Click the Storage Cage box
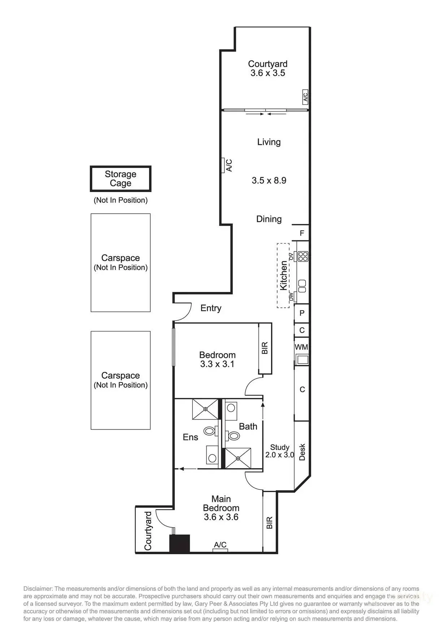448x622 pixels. (x=120, y=179)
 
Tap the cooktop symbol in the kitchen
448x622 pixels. (x=303, y=256)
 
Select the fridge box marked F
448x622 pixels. (x=302, y=233)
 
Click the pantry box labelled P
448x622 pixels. (x=302, y=313)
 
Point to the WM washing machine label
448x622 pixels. (x=301, y=347)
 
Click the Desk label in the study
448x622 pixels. (x=302, y=452)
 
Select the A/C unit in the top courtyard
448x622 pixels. (x=305, y=97)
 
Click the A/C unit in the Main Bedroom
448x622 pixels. (x=220, y=550)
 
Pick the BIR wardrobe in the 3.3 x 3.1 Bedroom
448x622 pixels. (x=265, y=348)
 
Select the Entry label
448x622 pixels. (x=211, y=308)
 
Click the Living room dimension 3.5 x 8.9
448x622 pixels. (x=269, y=181)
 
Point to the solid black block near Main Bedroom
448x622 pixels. (x=180, y=543)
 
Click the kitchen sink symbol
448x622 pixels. (x=303, y=286)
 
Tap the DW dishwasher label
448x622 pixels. (x=291, y=297)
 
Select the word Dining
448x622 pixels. (x=269, y=219)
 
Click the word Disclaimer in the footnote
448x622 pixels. (x=38, y=588)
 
